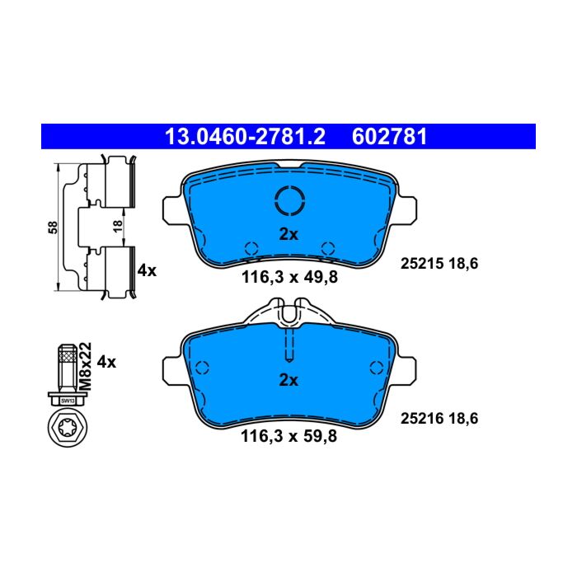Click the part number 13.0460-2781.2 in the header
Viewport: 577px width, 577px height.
245,137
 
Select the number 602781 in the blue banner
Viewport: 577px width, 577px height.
389,137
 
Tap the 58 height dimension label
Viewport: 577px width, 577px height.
53,228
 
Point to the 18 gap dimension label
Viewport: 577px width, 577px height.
118,226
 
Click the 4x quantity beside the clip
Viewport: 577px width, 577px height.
147,271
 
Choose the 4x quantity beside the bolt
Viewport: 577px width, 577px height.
106,362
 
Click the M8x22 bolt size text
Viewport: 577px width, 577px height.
86,367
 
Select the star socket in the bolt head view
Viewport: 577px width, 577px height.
68,428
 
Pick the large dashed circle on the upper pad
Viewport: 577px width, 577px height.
289,200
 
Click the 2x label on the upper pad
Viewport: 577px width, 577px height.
288,234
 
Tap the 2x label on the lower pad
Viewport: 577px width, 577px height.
288,380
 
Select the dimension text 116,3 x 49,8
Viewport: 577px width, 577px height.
289,277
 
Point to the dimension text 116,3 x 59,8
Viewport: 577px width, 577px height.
288,436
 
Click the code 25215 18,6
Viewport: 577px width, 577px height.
439,264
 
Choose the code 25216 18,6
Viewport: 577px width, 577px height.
439,419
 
